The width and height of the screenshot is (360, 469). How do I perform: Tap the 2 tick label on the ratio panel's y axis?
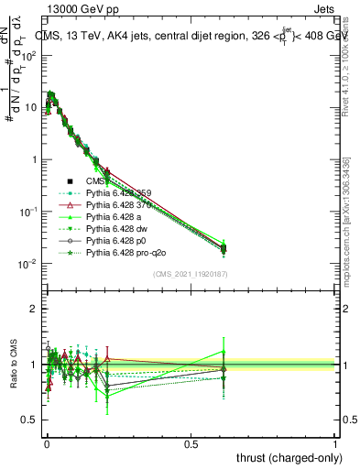(33, 309)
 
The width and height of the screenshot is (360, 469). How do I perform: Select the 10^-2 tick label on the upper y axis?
(25, 264)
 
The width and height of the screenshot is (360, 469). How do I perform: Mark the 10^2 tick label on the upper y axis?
(25, 56)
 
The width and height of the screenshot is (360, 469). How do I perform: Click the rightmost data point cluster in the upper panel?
(224, 247)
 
